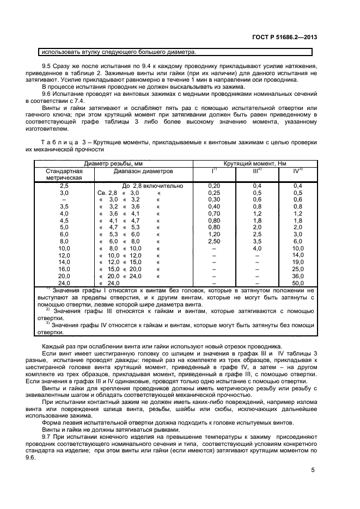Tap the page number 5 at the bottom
pyautogui.click(x=313, y=470)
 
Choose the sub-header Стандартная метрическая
pyautogui.click(x=64, y=174)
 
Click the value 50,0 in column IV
pyautogui.click(x=297, y=284)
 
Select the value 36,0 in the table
pyautogui.click(x=297, y=276)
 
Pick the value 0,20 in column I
pyautogui.click(x=214, y=186)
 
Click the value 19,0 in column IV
pyautogui.click(x=297, y=261)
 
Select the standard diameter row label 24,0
pyautogui.click(x=64, y=284)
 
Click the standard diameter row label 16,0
pyautogui.click(x=64, y=268)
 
